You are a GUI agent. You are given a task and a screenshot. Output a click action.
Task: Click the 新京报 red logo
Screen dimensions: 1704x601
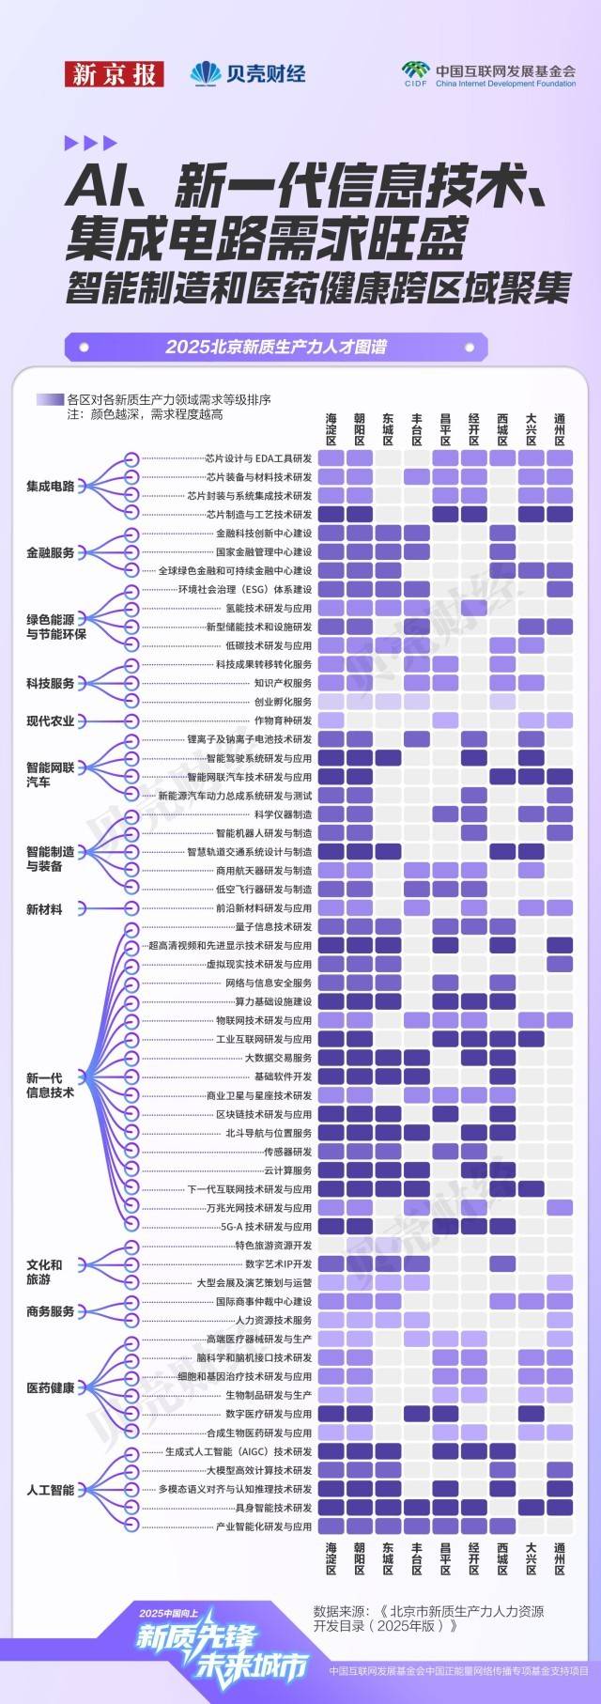tap(114, 74)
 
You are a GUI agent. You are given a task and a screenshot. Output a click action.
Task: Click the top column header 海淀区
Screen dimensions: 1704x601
tap(331, 428)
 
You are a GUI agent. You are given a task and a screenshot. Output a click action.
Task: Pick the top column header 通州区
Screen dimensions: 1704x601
tap(560, 428)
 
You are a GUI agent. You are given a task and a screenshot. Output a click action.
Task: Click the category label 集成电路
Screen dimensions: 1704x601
tap(50, 487)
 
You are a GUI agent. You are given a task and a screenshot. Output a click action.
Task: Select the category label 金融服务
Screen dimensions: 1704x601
tap(50, 552)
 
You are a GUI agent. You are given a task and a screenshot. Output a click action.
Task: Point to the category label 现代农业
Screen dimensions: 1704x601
tap(50, 720)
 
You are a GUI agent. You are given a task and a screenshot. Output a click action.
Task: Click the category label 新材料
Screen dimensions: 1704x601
tap(44, 908)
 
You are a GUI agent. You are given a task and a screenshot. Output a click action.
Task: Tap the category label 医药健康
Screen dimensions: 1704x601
tap(50, 1386)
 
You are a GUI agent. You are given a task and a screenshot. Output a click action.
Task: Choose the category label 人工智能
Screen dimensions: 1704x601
tap(50, 1490)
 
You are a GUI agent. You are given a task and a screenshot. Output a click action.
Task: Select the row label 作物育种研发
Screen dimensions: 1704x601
tap(283, 720)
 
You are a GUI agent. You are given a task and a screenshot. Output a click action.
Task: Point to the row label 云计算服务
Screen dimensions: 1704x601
tap(287, 1170)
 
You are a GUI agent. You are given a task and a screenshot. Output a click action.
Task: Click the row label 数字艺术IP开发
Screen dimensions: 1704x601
tap(278, 1264)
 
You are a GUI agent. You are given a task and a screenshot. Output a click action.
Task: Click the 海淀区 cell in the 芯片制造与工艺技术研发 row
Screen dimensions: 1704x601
tap(331, 515)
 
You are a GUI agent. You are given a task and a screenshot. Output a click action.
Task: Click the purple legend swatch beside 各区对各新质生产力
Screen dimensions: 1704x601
tap(49, 399)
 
